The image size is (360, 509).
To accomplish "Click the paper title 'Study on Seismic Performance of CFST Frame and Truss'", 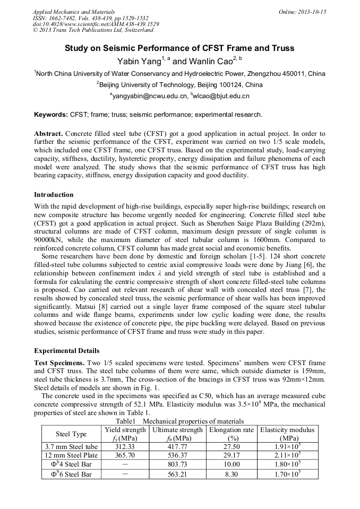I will pyautogui.click(x=179, y=48).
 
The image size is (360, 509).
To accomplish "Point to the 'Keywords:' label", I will pyautogui.click(x=51, y=115).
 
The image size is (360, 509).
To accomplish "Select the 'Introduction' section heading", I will pyautogui.click(x=54, y=195).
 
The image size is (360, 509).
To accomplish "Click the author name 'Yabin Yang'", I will pyautogui.click(x=140, y=62).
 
